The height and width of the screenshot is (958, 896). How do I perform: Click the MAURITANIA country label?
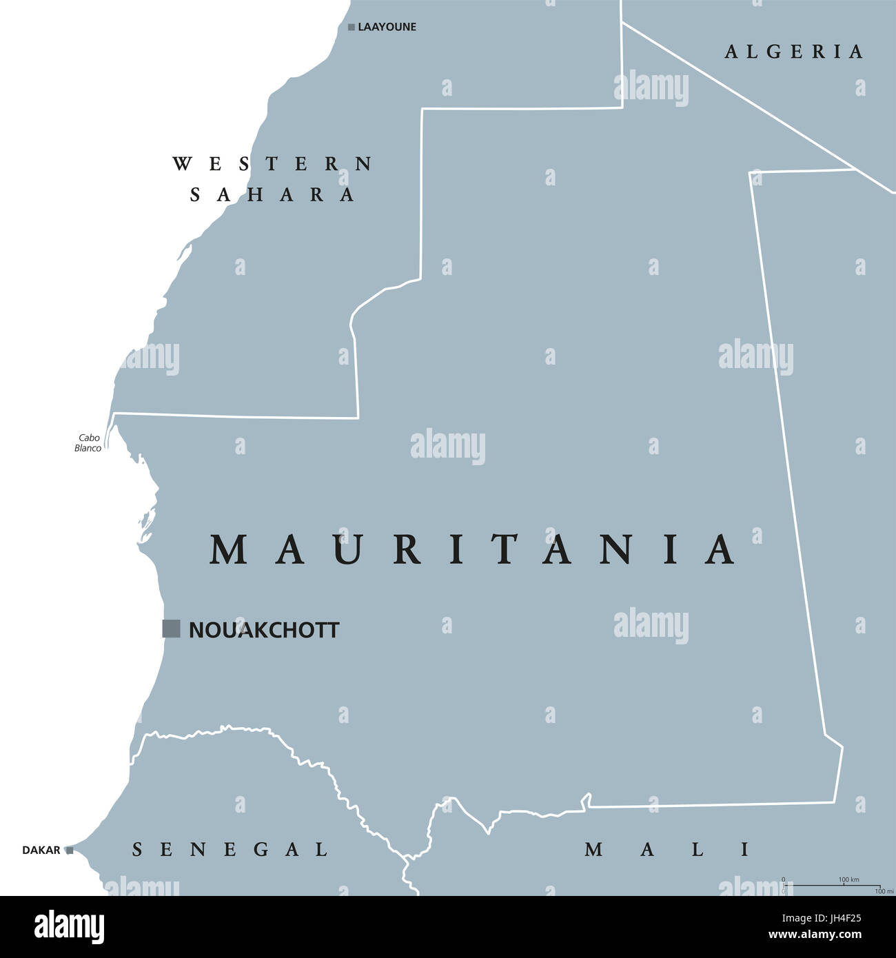[x=473, y=549]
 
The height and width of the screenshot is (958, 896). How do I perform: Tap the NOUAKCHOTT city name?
[x=264, y=630]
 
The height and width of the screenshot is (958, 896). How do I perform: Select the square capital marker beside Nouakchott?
[x=171, y=629]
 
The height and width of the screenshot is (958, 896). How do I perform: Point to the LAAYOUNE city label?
[x=387, y=27]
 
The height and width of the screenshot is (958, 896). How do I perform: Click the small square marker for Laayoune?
[x=352, y=28]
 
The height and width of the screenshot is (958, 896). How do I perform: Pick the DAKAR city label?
[x=41, y=850]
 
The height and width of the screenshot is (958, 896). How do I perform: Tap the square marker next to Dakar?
[x=69, y=850]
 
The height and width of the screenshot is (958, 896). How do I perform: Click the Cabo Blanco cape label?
[x=88, y=443]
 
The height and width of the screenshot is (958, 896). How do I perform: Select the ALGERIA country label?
[x=794, y=52]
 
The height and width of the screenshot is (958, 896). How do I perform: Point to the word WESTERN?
[x=272, y=164]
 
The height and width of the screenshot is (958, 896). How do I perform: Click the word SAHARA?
[x=272, y=195]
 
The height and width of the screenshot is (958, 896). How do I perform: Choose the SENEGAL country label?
[x=230, y=850]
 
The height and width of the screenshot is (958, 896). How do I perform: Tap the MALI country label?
[x=667, y=850]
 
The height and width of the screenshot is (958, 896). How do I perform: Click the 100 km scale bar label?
[x=848, y=879]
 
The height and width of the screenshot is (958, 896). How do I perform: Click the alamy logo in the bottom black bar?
[x=70, y=927]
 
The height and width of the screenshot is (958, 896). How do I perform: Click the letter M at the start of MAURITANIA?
[x=228, y=549]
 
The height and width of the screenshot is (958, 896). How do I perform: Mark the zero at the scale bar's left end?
[x=783, y=879]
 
